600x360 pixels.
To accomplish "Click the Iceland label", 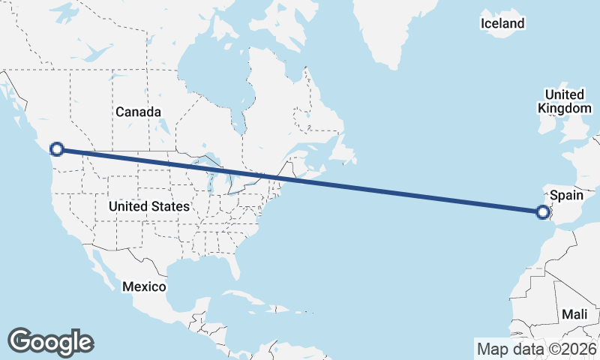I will pyautogui.click(x=502, y=24).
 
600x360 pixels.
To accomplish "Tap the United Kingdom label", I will pyautogui.click(x=565, y=101).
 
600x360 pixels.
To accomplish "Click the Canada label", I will pyautogui.click(x=138, y=112).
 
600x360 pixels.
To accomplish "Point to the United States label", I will pyautogui.click(x=148, y=205).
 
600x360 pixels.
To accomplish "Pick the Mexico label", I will pyautogui.click(x=144, y=286).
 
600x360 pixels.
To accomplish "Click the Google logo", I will pyautogui.click(x=50, y=341).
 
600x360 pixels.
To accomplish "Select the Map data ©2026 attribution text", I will pyautogui.click(x=536, y=349).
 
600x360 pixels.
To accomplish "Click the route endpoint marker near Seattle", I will pyautogui.click(x=56, y=149).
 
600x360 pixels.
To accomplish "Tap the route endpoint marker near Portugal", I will pyautogui.click(x=544, y=213).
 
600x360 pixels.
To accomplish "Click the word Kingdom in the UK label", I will pyautogui.click(x=565, y=108).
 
